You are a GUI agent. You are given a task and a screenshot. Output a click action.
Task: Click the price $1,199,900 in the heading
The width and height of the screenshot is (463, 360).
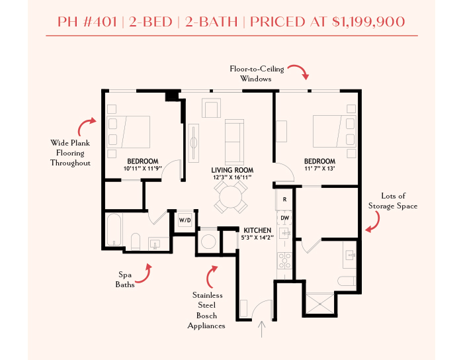point(368,22)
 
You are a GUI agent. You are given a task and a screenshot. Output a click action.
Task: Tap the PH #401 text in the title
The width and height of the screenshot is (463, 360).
point(87,22)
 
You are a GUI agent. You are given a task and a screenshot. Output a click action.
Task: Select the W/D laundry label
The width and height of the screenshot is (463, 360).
point(185,220)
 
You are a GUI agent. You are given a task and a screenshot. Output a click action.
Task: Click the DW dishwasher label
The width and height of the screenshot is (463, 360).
point(284,218)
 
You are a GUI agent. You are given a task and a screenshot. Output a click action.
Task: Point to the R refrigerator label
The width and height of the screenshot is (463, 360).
point(284,200)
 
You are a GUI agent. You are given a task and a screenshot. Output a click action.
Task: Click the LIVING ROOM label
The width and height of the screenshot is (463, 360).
point(232,170)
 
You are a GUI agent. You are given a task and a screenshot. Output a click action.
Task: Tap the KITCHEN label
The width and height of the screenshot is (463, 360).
point(257,230)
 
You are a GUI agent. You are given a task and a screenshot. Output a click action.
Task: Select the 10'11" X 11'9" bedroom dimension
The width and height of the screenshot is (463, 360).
point(143,169)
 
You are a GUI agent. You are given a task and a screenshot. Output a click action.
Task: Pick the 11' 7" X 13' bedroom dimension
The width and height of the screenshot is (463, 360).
point(319,169)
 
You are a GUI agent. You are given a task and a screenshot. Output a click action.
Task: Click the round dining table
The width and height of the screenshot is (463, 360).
point(231,197)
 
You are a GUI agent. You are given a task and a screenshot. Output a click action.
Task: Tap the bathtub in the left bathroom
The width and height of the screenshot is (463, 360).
point(114,230)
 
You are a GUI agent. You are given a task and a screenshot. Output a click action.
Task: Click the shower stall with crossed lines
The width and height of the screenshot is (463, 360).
point(319,303)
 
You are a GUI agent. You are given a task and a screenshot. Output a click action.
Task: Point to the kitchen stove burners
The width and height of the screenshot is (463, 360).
point(284,261)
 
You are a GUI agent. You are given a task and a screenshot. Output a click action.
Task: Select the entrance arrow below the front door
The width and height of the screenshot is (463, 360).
point(262,329)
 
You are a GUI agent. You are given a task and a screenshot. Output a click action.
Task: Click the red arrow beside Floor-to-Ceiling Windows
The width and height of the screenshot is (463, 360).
point(299,71)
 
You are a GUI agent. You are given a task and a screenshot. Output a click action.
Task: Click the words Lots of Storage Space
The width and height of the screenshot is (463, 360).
point(393,201)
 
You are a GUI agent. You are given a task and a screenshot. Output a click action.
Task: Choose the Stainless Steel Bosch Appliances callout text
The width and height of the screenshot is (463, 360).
point(206,310)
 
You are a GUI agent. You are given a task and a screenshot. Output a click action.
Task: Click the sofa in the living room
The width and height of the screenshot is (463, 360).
point(234,142)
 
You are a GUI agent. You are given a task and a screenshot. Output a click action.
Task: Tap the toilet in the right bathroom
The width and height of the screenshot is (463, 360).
point(347,281)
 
